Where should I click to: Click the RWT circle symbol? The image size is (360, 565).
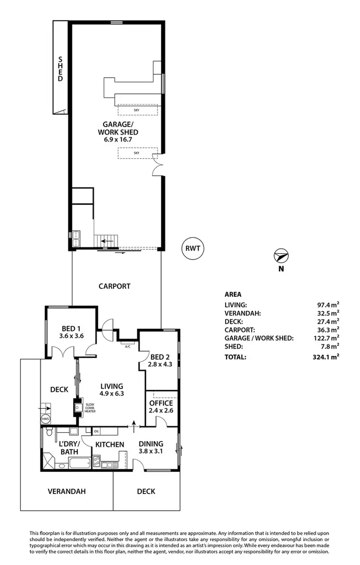[x=194, y=248]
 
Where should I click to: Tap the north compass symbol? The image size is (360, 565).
[x=281, y=255]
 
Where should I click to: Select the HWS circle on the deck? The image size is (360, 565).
[x=46, y=419]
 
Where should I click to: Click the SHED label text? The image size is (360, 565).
[x=60, y=69]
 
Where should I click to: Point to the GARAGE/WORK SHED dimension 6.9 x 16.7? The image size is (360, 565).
[x=118, y=140]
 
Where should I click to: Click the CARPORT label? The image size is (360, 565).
[x=114, y=286]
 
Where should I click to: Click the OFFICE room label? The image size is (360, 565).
[x=161, y=403]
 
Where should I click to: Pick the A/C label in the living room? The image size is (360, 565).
[x=128, y=346]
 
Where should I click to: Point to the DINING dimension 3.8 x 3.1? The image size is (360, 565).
[x=151, y=452]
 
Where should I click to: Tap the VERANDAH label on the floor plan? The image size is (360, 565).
[x=66, y=491]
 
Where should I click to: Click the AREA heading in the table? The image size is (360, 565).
[x=233, y=294]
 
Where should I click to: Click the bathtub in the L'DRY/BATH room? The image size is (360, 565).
[x=79, y=463]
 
